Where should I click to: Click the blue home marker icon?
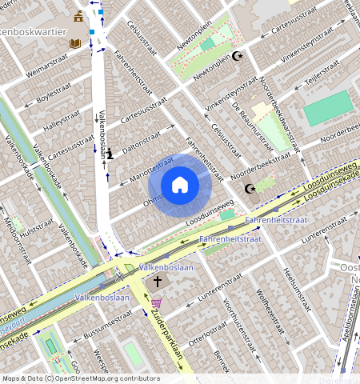(180, 185)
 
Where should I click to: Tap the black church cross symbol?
(158, 282)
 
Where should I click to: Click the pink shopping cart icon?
(156, 302)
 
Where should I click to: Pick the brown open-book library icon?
(74, 42)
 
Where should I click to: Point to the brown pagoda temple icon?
(78, 17)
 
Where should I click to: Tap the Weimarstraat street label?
(46, 64)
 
